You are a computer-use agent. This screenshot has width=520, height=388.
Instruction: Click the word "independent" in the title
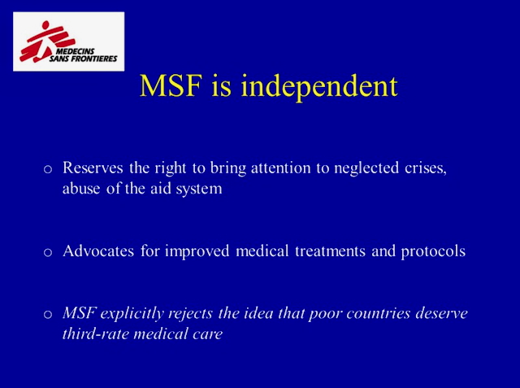pos(319,86)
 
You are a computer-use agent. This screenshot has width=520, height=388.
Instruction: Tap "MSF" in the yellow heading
pos(171,85)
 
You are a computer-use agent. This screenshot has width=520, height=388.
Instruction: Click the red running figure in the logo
pos(47,41)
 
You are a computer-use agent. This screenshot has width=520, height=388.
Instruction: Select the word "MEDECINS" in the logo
pos(75,51)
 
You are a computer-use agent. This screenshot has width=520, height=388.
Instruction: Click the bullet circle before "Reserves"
pos(48,169)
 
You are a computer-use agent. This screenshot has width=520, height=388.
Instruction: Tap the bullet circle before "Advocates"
pos(48,252)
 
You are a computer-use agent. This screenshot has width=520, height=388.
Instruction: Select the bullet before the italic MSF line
pos(48,314)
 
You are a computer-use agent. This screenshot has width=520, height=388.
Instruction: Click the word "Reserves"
pos(93,168)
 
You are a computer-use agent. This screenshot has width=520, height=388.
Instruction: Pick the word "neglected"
pos(366,168)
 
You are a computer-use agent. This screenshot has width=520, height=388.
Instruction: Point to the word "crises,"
pos(426,168)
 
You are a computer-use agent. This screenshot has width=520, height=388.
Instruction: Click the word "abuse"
pos(81,189)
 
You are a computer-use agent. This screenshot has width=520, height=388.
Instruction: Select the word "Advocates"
pos(98,251)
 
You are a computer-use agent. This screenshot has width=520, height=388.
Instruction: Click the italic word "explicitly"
pos(132,313)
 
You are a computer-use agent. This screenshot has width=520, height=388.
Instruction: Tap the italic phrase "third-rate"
pos(96,334)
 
